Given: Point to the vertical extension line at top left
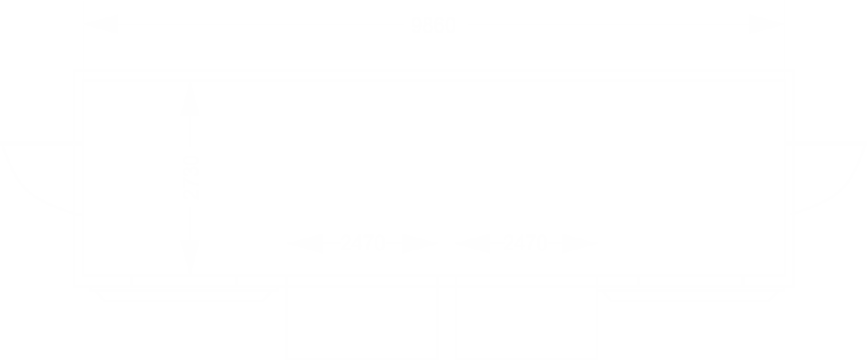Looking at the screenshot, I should pos(83,40).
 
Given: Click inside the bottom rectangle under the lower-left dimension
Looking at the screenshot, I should pos(362,322).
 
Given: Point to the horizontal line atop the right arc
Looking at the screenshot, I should pos(826,143).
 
